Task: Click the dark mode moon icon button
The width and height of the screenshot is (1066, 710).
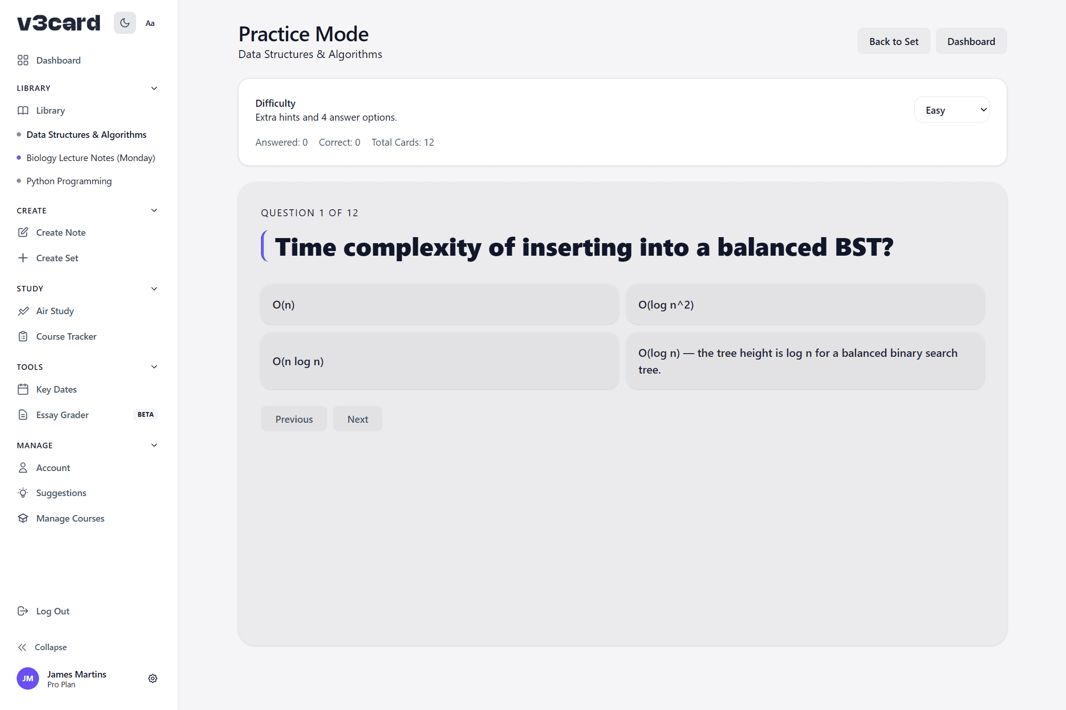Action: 125,23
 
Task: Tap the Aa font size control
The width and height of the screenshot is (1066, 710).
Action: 150,23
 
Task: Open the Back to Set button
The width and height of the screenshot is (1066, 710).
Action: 894,41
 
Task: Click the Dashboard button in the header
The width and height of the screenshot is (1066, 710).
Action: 971,41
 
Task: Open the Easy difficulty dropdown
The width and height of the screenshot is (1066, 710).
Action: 952,110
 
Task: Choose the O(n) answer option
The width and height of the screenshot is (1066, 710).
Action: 439,304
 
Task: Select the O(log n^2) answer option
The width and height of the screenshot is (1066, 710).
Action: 805,304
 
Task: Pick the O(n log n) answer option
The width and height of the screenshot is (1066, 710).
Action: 439,361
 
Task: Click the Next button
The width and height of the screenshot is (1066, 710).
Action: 357,419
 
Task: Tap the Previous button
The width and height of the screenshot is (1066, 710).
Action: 294,419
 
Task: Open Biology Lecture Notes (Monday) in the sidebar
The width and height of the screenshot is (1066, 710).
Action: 91,158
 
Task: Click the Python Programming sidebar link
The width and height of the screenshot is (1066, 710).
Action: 69,181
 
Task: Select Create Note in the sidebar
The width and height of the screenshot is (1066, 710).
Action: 61,232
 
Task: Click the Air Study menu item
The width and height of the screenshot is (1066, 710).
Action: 55,311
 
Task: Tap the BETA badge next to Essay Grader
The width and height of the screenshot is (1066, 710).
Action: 145,414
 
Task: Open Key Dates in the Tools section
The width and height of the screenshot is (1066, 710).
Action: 56,389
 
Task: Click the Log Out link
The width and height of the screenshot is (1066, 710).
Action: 52,611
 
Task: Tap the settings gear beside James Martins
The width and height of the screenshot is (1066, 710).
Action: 153,678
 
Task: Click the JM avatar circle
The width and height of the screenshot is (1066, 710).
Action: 28,678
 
